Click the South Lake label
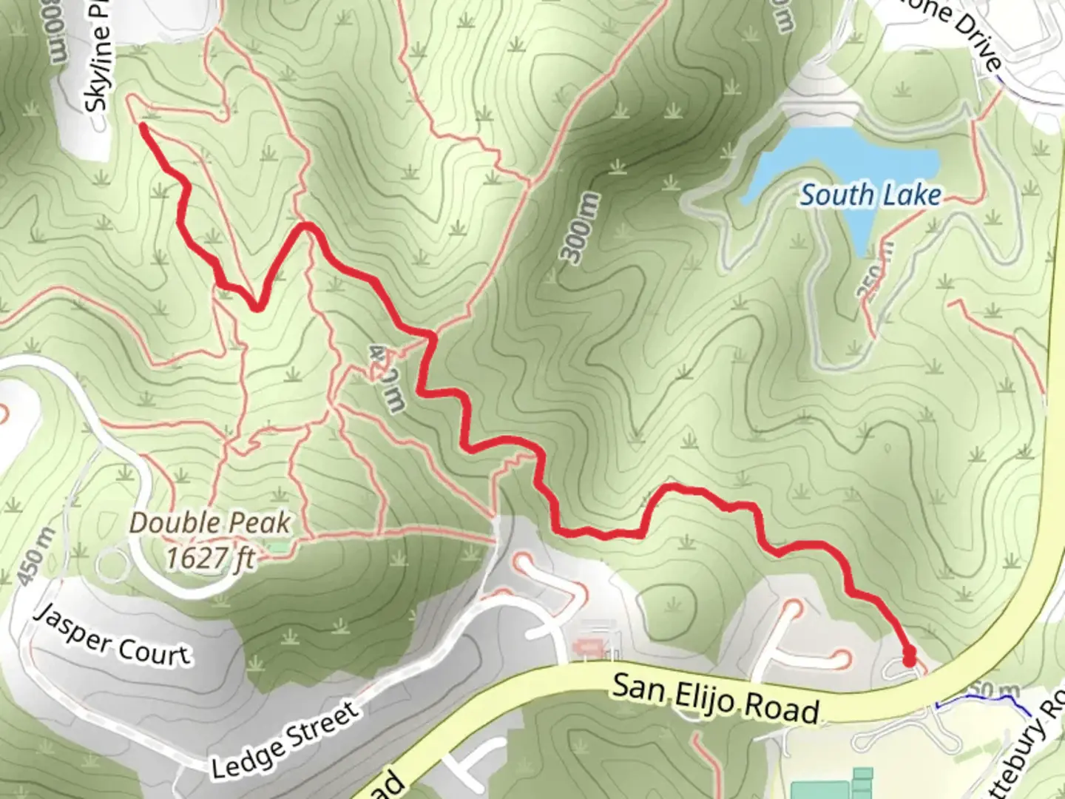[x=870, y=195]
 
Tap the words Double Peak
[x=210, y=523]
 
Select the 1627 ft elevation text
[x=210, y=558]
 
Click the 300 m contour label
[x=581, y=228]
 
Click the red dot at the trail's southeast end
[x=909, y=655]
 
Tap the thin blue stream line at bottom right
[x=984, y=703]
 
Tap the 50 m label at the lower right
[x=995, y=690]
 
